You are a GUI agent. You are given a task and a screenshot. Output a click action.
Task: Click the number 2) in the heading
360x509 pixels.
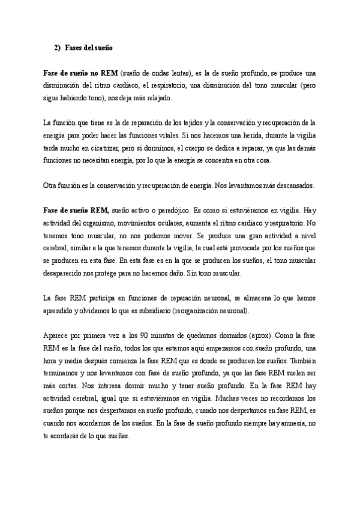pos(58,46)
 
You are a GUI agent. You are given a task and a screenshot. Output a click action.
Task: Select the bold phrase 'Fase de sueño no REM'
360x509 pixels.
pos(80,73)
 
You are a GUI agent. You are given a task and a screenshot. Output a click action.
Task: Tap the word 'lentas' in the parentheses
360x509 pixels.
pos(178,73)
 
